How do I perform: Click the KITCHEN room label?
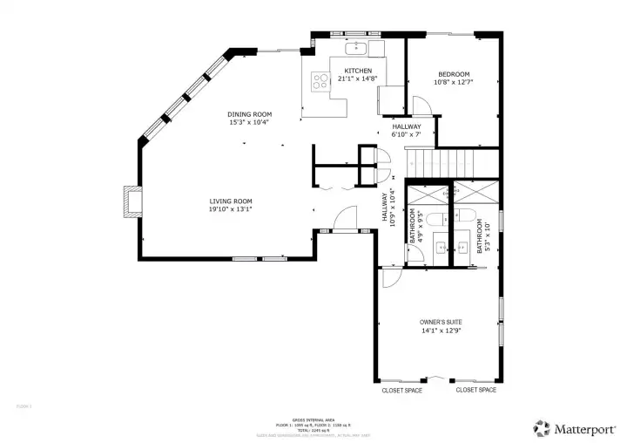click(358, 71)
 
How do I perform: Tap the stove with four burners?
click(320, 82)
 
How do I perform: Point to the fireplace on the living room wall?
click(130, 201)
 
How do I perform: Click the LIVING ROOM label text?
click(230, 201)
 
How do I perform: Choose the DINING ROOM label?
click(250, 114)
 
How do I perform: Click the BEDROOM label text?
click(454, 74)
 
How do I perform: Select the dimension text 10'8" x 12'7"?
click(454, 83)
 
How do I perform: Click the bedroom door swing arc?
click(420, 106)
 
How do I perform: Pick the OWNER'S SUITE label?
click(440, 322)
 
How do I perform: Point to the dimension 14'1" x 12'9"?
click(440, 331)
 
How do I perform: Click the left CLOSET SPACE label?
click(402, 390)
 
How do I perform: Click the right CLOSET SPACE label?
click(476, 390)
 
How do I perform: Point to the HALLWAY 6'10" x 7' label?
click(406, 130)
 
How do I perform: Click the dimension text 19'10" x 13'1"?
click(230, 209)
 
